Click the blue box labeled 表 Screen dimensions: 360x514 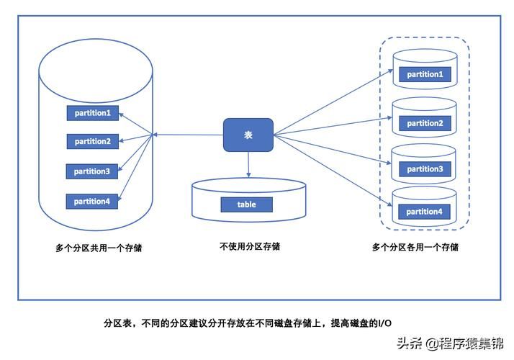(248, 135)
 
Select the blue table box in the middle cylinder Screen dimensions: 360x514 (247, 204)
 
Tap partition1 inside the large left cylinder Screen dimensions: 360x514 (92, 113)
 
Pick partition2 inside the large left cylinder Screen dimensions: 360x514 (92, 142)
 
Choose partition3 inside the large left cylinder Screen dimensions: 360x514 (92, 171)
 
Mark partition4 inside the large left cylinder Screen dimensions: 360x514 (92, 202)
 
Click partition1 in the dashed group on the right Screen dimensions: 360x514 (424, 74)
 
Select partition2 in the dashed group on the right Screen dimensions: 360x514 (424, 123)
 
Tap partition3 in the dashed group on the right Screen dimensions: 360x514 (424, 169)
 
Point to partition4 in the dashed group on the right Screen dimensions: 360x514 (424, 212)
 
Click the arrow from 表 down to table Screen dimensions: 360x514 (248, 166)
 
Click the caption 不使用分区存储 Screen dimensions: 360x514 (250, 246)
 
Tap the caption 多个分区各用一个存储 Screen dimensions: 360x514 (415, 247)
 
